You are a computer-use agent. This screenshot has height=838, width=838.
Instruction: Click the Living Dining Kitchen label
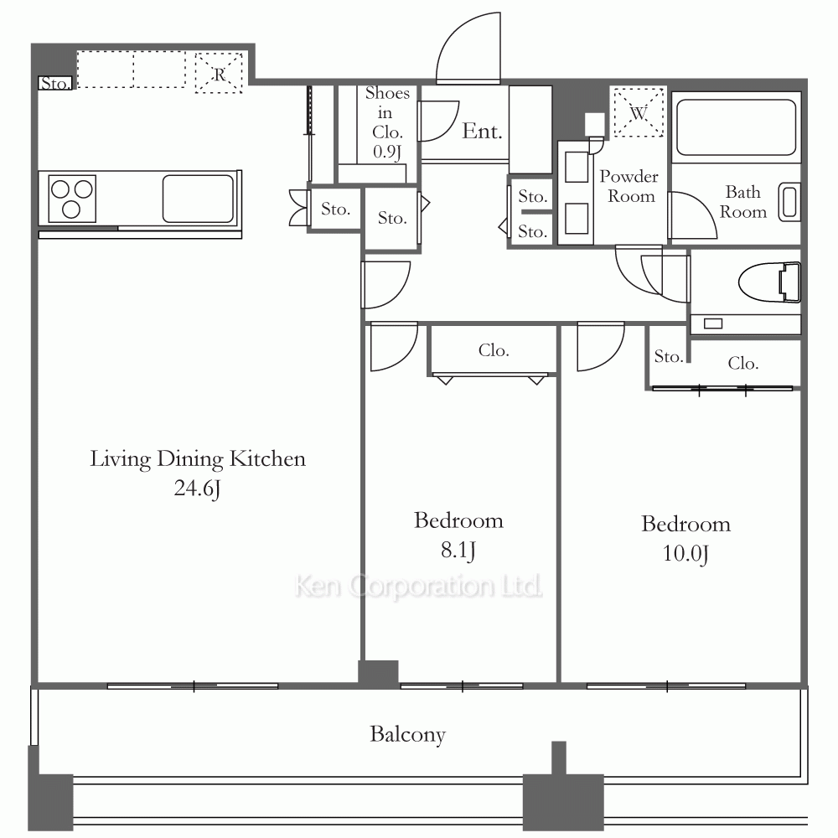point(198,459)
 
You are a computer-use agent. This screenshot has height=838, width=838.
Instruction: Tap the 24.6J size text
point(197,489)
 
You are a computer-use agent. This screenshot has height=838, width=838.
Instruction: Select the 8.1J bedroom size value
point(458,550)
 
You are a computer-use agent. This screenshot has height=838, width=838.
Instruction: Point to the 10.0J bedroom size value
point(685,554)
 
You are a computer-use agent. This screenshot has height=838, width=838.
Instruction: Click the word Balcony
point(408,735)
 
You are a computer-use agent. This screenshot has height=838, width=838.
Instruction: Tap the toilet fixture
point(769,282)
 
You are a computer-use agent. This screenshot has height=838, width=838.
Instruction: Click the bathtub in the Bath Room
point(736,127)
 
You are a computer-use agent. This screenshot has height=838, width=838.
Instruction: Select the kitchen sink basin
point(199,199)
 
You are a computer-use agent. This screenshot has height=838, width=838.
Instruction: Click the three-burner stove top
point(72,199)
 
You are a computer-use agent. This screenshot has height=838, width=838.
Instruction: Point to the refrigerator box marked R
point(219,73)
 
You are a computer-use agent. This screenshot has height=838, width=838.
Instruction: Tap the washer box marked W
point(639,113)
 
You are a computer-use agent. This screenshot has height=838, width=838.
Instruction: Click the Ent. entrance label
point(482,131)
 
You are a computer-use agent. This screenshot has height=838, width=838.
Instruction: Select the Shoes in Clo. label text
point(387,122)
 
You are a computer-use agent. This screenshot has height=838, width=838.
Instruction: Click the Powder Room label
point(629,186)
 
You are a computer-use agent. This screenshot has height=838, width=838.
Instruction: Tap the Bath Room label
point(742,201)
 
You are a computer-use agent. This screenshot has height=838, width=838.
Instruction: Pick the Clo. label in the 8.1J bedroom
point(494,350)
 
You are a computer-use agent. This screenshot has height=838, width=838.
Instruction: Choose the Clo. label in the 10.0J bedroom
point(742,364)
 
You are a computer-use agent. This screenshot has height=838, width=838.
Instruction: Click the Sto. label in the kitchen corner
point(55,83)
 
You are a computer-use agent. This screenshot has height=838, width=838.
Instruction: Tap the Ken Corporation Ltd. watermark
point(418,587)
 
